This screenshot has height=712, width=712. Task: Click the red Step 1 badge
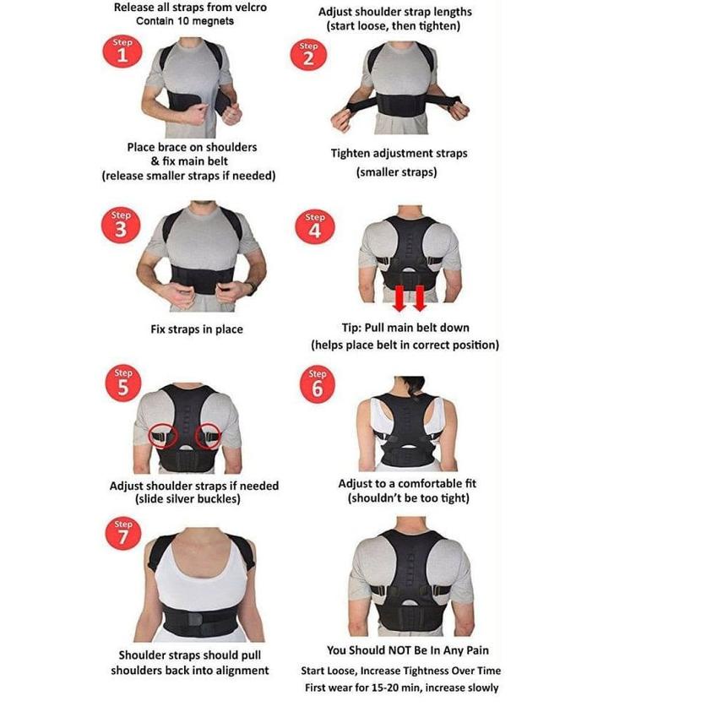122,52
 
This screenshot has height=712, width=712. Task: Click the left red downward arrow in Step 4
400,297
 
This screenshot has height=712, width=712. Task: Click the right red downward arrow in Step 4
419,297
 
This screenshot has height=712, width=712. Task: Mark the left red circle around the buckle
162,437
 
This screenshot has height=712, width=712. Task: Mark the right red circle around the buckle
207,437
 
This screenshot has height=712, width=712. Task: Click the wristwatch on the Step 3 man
252,288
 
